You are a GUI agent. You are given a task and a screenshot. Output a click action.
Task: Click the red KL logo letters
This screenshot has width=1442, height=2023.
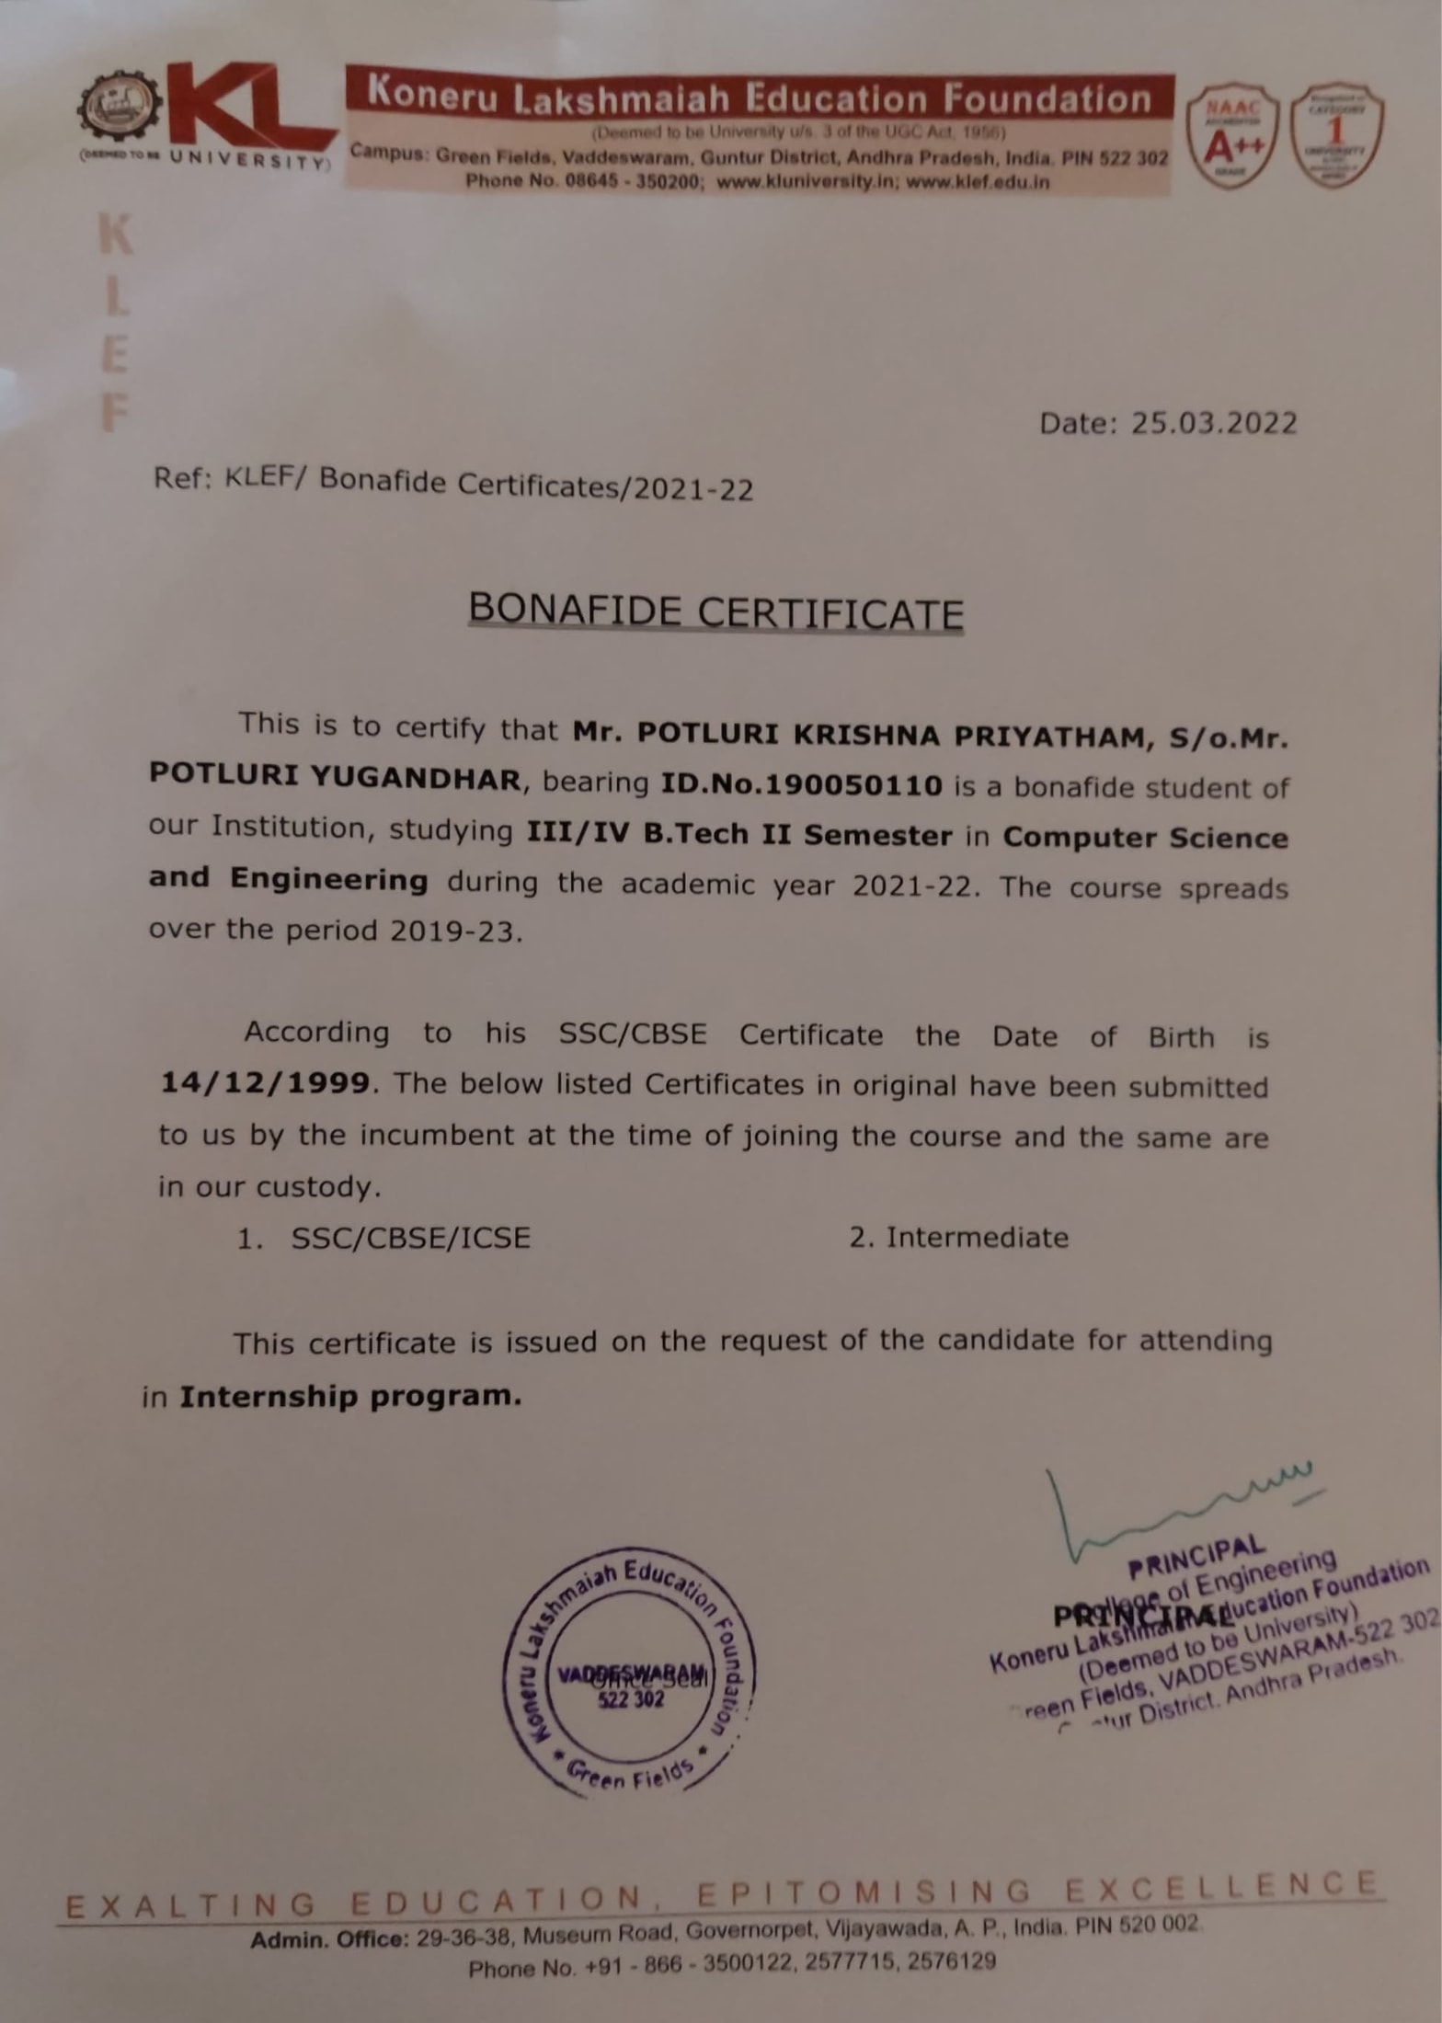244,111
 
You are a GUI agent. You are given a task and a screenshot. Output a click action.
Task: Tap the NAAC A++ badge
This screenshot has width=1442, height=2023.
1230,138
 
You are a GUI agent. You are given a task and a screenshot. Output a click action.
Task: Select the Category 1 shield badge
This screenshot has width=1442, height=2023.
1337,135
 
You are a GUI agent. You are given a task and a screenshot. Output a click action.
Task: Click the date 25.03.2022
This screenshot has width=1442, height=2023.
1213,423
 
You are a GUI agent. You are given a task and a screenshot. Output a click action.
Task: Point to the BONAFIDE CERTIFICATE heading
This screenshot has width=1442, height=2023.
715,611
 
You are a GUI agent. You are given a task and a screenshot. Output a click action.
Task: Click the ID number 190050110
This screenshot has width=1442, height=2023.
853,785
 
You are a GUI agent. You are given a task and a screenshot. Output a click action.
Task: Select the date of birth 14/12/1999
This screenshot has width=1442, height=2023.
265,1082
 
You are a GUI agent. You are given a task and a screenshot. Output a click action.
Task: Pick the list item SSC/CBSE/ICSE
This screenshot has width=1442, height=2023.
410,1238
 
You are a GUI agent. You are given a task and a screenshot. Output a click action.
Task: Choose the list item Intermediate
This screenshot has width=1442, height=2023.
977,1238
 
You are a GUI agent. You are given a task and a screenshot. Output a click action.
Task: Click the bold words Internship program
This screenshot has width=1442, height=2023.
350,1397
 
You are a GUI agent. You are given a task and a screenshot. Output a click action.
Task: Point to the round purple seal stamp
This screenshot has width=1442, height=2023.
628,1673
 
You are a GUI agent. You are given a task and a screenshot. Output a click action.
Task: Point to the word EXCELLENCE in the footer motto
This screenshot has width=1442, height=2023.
1221,1888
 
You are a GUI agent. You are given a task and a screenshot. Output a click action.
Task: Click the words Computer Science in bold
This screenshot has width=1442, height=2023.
1145,838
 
